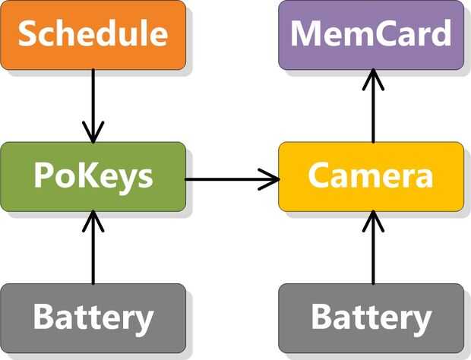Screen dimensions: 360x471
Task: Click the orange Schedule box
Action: point(93,35)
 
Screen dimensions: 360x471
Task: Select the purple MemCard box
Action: point(371,35)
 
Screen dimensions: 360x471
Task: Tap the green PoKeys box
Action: point(93,177)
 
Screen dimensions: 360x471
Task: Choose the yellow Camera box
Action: point(371,177)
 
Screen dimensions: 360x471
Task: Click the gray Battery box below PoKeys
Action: point(93,318)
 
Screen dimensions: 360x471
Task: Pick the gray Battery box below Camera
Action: point(371,318)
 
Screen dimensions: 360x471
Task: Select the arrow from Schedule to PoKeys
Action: point(93,103)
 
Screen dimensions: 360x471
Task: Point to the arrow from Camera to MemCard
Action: point(372,106)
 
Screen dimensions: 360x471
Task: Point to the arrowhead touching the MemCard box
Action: point(372,78)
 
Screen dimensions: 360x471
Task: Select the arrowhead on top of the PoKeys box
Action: point(93,134)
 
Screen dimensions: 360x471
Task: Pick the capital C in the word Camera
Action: point(319,177)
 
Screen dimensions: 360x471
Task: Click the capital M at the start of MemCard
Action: point(308,35)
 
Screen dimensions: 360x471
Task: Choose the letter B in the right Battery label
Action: point(322,318)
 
